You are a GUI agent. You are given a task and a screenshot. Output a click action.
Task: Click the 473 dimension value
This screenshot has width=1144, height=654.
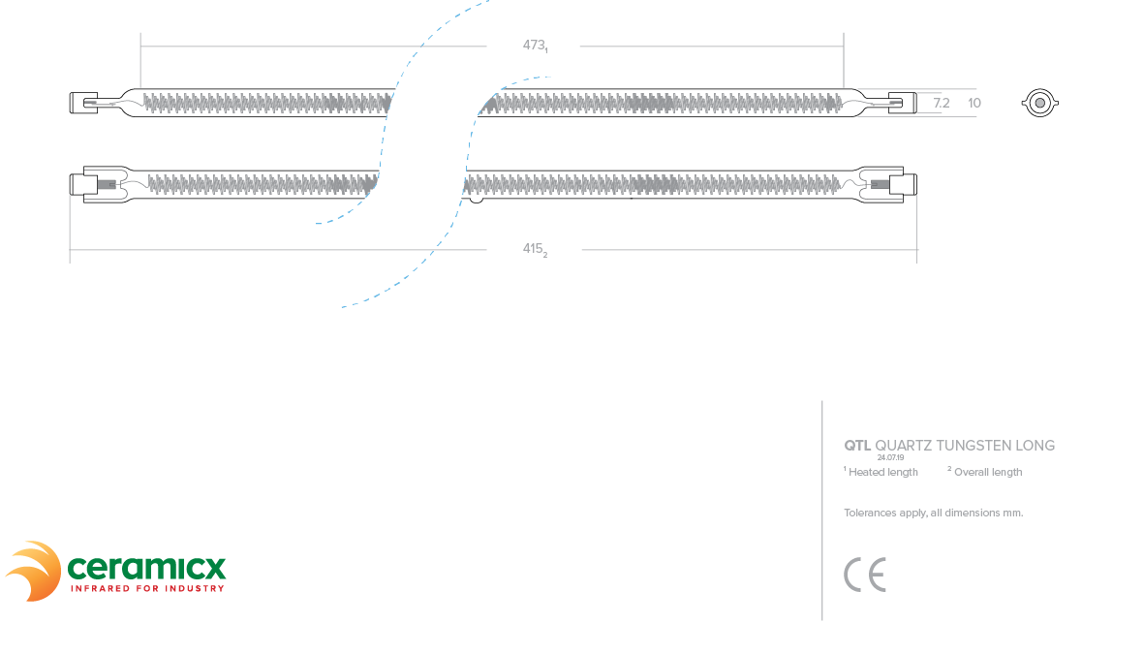click(x=534, y=45)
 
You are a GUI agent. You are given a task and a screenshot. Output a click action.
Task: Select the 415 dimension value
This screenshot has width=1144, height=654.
click(x=534, y=249)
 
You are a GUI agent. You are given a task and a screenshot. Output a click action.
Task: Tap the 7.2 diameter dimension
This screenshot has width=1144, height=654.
click(x=941, y=103)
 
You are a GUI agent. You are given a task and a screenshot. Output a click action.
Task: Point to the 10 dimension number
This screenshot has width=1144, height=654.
click(x=974, y=103)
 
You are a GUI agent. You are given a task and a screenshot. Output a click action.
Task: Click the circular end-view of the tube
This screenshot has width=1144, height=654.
click(x=1039, y=103)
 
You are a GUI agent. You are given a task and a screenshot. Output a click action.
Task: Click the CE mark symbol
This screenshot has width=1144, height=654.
click(x=864, y=576)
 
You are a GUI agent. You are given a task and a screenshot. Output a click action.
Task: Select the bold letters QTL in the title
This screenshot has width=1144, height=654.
click(x=857, y=446)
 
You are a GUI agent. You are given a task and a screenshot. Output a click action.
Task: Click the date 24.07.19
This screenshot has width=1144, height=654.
click(x=890, y=457)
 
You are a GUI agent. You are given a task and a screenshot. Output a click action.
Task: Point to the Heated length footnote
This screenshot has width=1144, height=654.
click(x=882, y=473)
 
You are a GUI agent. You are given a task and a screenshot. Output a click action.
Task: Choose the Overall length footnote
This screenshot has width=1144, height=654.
click(x=987, y=473)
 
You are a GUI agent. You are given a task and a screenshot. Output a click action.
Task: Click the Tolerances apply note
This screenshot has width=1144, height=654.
click(x=933, y=513)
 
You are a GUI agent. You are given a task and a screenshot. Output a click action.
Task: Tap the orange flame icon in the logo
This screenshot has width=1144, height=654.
click(x=34, y=571)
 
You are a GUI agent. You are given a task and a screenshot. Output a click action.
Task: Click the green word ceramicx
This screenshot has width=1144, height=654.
click(x=145, y=566)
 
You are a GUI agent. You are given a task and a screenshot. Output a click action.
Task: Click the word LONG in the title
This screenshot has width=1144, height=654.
click(x=1035, y=446)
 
